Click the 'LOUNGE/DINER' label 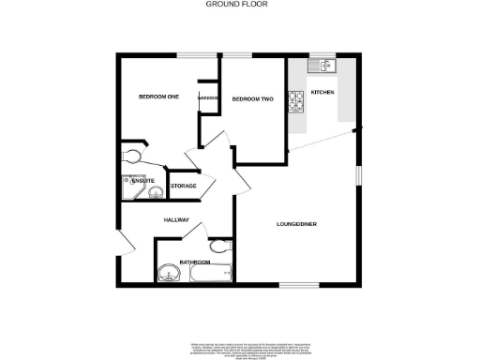pos(295,223)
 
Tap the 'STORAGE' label pos(184,187)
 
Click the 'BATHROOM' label pos(194,262)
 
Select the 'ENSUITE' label pos(130,180)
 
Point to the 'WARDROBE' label pos(207,98)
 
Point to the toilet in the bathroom pos(218,247)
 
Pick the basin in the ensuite pos(155,192)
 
